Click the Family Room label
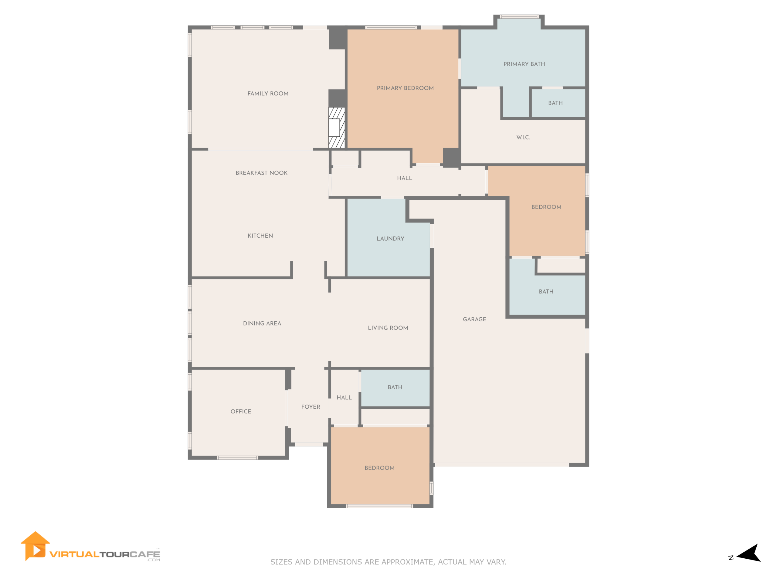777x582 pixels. [268, 94]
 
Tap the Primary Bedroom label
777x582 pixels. [405, 88]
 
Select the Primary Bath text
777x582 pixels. [524, 64]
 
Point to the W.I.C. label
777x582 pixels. [523, 138]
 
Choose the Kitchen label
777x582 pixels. [260, 236]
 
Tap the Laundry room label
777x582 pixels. [390, 239]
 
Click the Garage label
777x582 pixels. [475, 319]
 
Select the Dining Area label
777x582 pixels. [262, 323]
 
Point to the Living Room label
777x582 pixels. [388, 328]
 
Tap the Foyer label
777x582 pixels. [310, 407]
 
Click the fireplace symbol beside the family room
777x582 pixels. [337, 128]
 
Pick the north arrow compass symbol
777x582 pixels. [748, 554]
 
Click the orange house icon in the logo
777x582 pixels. [35, 546]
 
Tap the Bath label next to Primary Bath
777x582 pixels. [555, 103]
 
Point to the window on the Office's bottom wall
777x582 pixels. [237, 458]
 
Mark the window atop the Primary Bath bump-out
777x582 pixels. [519, 16]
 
